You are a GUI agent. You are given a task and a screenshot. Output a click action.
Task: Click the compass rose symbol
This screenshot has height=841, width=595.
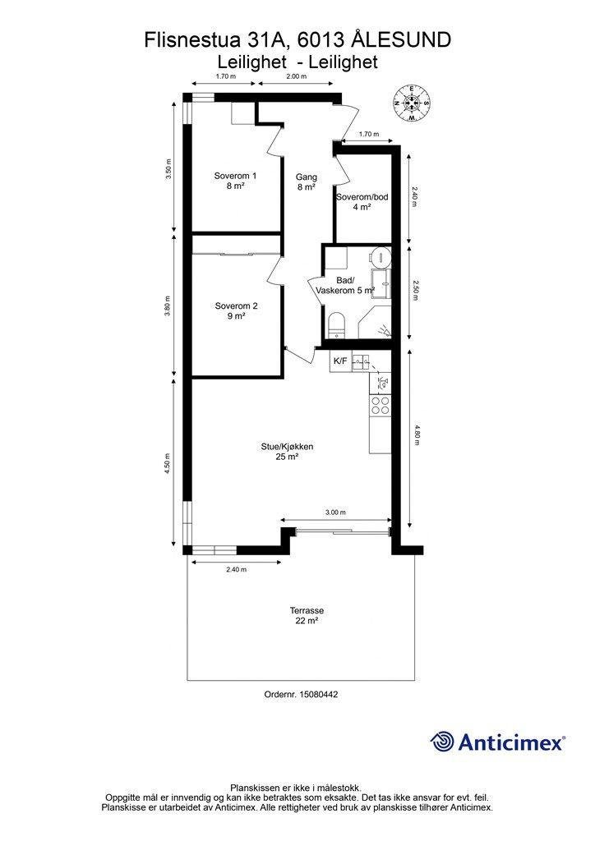411,103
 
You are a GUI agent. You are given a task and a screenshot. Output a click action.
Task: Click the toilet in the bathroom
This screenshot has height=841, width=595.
336,325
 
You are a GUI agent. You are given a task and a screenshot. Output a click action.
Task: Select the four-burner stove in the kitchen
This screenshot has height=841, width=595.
381,405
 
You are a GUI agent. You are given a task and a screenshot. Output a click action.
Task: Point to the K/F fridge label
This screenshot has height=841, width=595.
340,361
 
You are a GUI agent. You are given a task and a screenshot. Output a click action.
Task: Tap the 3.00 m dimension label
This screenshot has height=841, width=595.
336,512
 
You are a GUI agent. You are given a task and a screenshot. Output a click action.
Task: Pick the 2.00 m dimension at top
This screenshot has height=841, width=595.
296,76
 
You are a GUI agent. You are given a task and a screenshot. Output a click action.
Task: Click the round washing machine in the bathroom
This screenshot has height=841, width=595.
382,255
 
